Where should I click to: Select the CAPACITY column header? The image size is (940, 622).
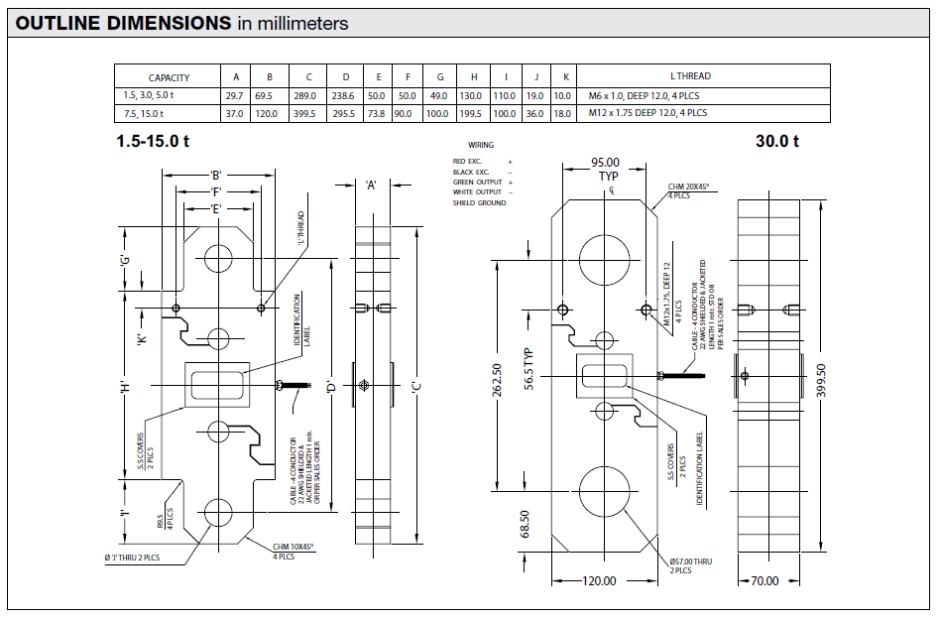pos(169,77)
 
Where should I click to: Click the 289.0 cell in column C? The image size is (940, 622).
pos(308,96)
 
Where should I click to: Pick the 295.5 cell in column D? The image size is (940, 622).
pos(346,113)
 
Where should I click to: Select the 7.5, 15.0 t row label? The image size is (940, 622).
pos(144,113)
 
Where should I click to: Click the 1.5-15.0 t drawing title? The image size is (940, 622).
pos(154,141)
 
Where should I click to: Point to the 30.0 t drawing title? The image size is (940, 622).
pos(776,141)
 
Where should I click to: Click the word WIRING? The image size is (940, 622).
pos(481,145)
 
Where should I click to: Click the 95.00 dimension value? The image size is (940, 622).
pos(605,163)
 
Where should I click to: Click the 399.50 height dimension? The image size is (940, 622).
pos(820,379)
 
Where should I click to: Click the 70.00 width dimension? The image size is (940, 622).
pos(765,581)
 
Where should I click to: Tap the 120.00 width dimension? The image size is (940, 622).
pos(598,581)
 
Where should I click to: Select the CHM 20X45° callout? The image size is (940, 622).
pos(689,188)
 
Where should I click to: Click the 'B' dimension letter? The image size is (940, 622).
pos(215,175)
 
